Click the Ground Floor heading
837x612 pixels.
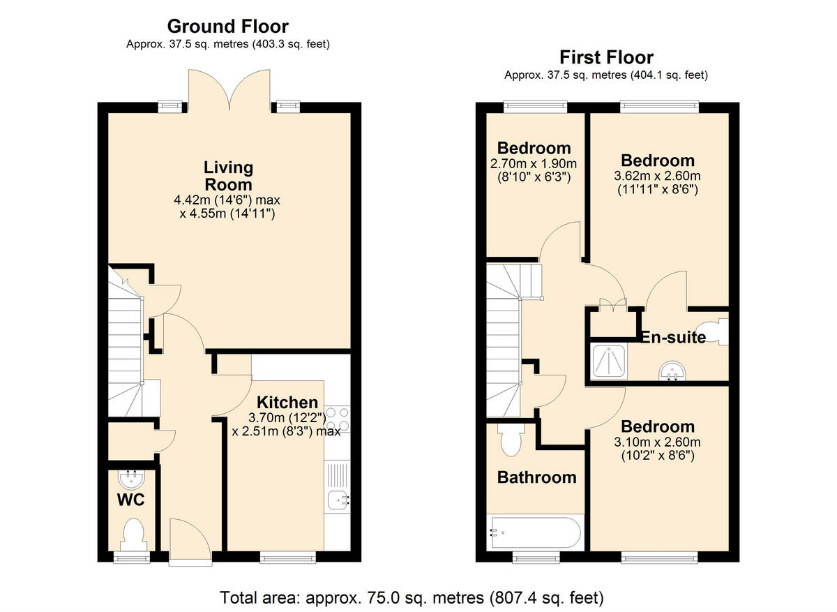click(x=227, y=27)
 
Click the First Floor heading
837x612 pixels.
click(x=606, y=57)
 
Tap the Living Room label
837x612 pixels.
click(x=227, y=176)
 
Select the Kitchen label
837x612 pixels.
click(x=287, y=403)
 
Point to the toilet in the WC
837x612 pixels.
click(x=132, y=534)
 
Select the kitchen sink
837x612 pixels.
click(x=338, y=499)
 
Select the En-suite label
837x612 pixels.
click(x=674, y=338)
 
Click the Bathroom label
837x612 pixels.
click(x=536, y=477)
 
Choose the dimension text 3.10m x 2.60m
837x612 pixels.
click(x=658, y=442)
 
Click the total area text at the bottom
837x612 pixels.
click(x=412, y=597)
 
